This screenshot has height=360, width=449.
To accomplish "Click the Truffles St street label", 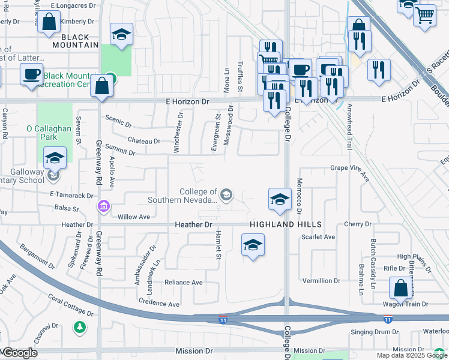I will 240,76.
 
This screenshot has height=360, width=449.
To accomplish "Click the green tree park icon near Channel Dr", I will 79,327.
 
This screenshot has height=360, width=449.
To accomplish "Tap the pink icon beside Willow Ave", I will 104,206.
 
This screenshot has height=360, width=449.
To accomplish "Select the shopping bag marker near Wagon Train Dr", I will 400,289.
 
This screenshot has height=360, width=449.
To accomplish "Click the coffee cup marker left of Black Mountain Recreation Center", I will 32,75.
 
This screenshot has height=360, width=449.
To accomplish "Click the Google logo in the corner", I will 19,353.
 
